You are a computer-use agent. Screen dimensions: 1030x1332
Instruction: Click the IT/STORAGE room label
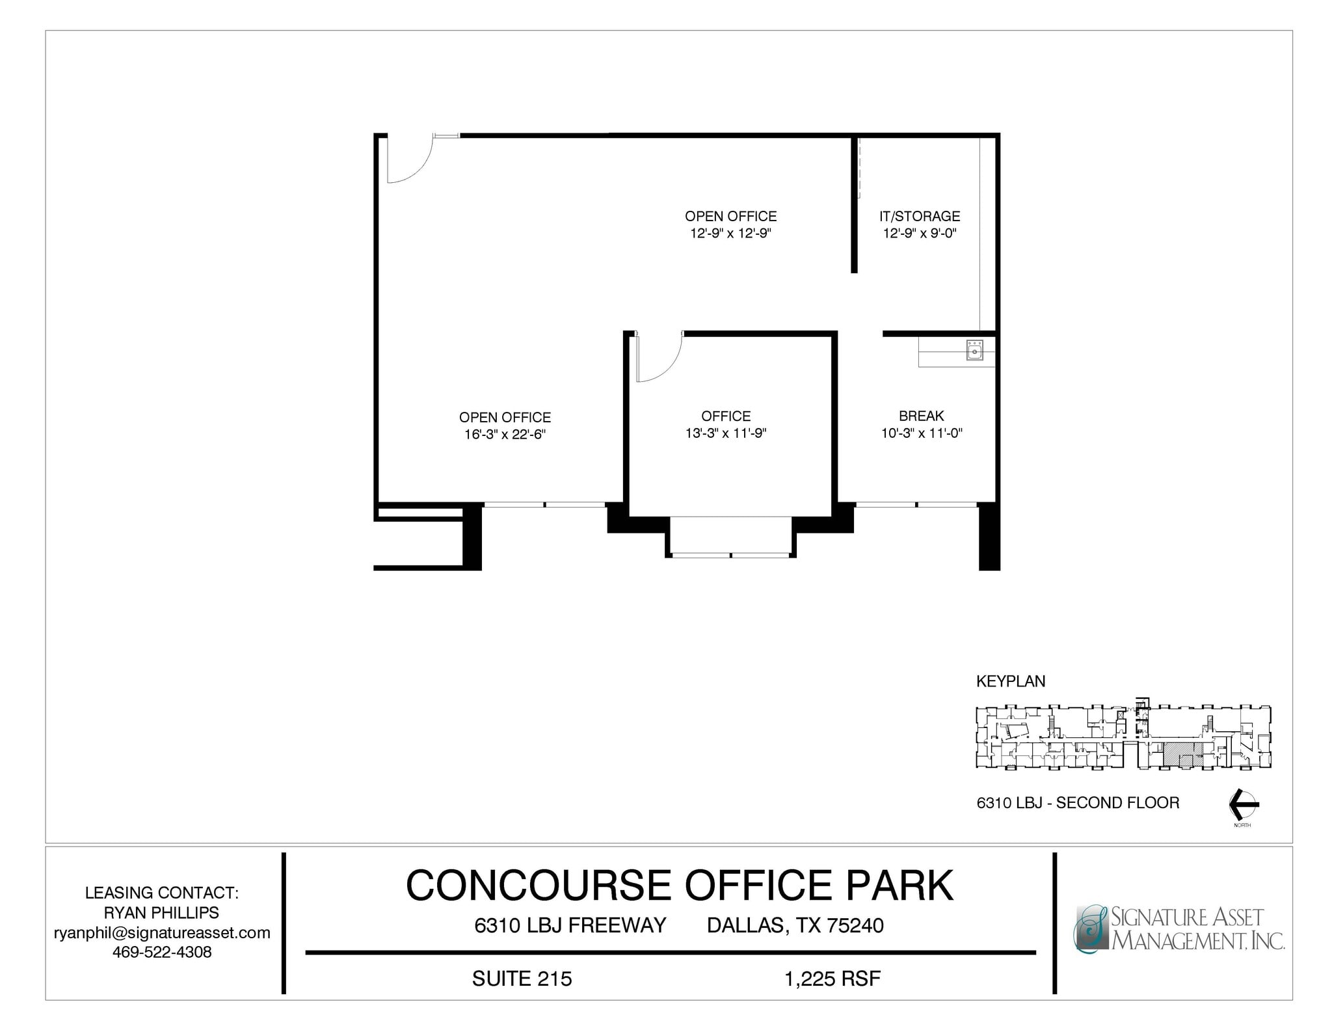pos(919,216)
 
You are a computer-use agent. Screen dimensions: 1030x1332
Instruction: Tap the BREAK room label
pos(921,416)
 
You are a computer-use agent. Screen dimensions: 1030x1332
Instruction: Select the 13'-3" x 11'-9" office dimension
pos(726,433)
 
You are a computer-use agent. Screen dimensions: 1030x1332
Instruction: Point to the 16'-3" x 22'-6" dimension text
pos(505,435)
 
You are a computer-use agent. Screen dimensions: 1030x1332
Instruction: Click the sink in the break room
pos(974,351)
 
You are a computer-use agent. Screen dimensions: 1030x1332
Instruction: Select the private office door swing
pos(658,359)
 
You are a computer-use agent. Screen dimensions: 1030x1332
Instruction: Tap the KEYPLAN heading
pos(1011,681)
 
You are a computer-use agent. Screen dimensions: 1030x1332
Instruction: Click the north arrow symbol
pos(1243,806)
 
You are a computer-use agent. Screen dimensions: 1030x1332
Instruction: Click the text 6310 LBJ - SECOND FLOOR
pos(1078,803)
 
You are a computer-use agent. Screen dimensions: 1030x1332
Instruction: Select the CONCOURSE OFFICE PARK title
pos(679,886)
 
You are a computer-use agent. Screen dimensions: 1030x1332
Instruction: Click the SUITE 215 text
pos(522,979)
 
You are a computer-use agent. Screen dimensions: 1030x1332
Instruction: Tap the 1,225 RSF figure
pos(832,979)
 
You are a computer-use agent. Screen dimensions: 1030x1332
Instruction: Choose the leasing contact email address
pos(162,932)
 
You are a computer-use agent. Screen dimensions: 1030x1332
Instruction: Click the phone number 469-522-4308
pos(162,952)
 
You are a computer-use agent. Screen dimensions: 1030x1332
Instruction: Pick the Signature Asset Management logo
pos(1178,928)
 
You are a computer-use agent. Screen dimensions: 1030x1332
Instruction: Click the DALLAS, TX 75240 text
pos(795,925)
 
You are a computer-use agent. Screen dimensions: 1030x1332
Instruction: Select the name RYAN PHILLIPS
pos(162,913)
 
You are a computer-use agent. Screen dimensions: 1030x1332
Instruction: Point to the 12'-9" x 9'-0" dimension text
pos(919,234)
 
